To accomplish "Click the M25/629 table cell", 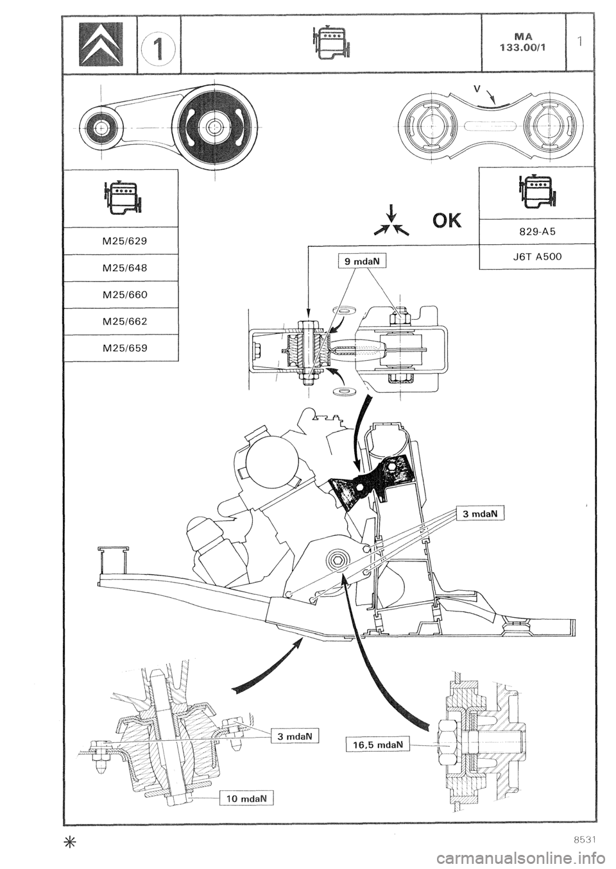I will pos(121,240).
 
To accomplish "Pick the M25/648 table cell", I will pos(121,268).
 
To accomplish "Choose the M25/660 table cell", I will pos(121,295).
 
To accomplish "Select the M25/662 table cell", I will pos(121,322).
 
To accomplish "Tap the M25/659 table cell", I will pos(121,349).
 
